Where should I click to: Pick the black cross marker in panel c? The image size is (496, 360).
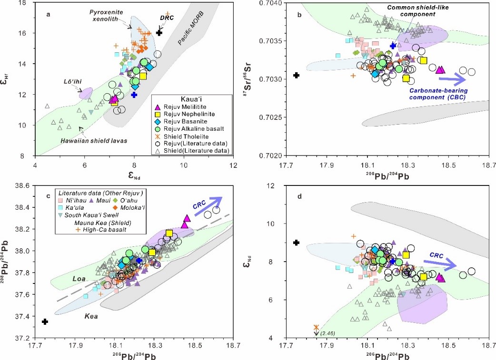45,321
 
